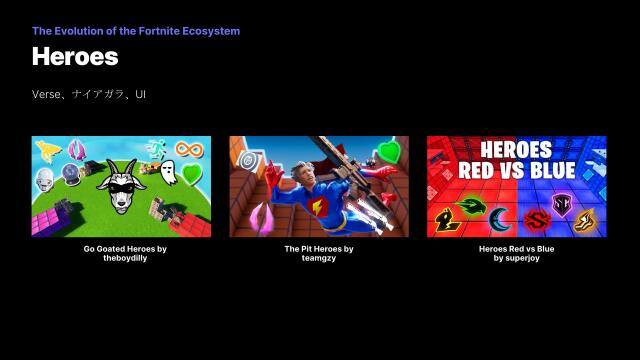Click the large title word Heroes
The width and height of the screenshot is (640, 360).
(75, 56)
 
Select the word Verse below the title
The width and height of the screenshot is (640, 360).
(45, 94)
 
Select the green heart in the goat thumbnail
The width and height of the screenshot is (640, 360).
(191, 175)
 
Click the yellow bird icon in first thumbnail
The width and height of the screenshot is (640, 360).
(48, 152)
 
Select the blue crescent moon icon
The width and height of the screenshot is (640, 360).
(500, 218)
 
